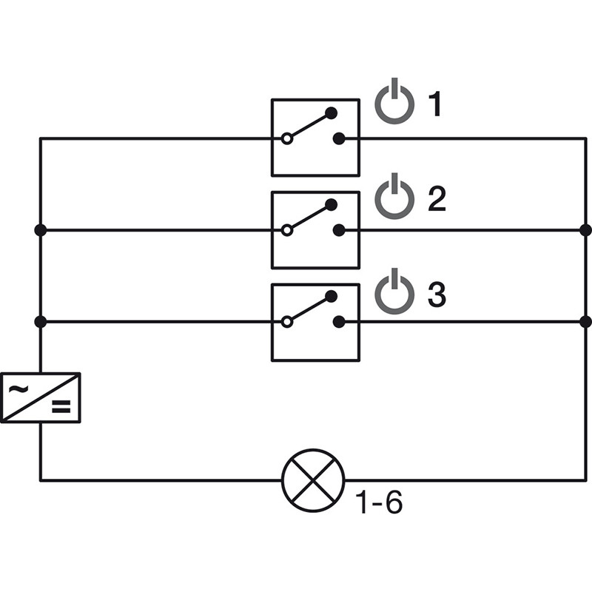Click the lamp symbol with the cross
314,480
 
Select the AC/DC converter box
41,397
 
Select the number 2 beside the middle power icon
437,199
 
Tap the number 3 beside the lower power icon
437,295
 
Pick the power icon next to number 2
394,198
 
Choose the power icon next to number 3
394,292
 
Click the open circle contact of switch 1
286,138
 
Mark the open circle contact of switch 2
286,230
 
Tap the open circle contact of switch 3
286,322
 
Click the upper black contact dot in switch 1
332,112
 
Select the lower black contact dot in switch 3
339,322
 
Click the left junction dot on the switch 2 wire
41,230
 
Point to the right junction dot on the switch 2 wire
585,230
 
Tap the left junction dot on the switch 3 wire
41,322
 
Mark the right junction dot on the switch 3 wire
585,322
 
